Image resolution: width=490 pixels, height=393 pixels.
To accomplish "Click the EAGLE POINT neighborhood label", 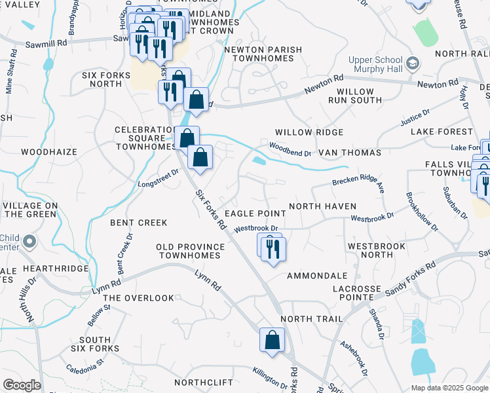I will click(x=255, y=214).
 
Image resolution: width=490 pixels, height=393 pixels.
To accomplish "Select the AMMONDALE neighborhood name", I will click(x=317, y=276).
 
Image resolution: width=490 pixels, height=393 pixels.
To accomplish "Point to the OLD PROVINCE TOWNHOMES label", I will click(x=190, y=251).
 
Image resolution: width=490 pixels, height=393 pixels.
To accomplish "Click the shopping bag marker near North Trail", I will click(x=272, y=341).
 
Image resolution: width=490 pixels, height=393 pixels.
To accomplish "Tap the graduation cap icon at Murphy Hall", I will click(x=413, y=64).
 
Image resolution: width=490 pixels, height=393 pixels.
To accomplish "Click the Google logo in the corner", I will click(x=22, y=385).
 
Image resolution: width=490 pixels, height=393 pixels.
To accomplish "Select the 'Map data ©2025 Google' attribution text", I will click(x=449, y=387).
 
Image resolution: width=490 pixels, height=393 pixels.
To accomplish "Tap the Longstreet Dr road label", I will click(x=159, y=178).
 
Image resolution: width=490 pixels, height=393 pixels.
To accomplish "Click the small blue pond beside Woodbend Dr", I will click(x=259, y=160).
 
